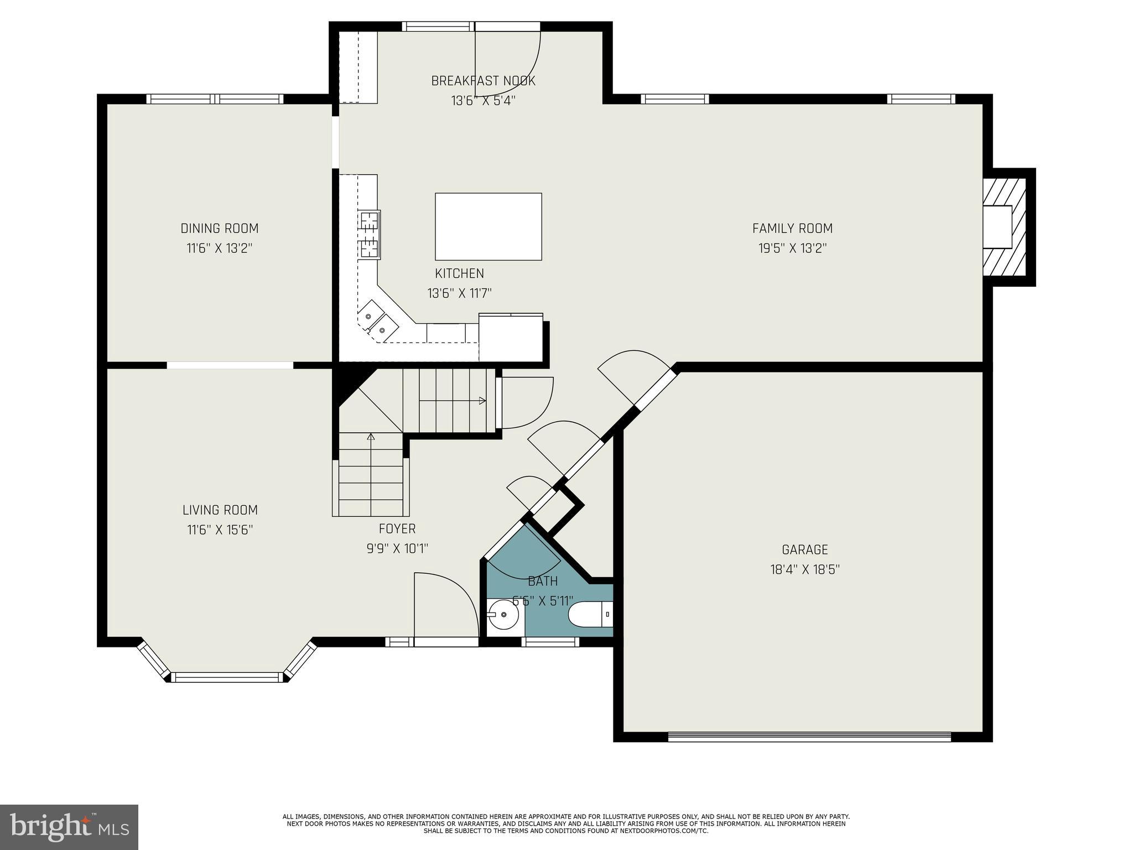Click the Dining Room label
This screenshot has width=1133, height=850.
click(220, 228)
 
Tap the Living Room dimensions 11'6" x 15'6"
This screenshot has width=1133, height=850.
click(220, 530)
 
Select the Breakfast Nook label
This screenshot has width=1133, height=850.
click(483, 81)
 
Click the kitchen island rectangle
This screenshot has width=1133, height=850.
click(488, 226)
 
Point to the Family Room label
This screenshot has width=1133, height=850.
click(792, 228)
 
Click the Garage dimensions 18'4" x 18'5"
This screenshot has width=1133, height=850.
click(805, 569)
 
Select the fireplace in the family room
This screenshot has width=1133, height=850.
click(1002, 227)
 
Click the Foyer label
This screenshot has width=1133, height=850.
click(397, 528)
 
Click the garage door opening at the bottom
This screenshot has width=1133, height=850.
click(809, 737)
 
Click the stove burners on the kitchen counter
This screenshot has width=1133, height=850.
click(369, 234)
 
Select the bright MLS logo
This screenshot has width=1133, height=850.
click(69, 827)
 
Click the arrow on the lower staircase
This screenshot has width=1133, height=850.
click(371, 437)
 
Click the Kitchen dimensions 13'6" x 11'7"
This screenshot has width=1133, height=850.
click(459, 293)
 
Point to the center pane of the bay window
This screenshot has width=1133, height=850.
click(227, 677)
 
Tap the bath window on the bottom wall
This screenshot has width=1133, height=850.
click(550, 642)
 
